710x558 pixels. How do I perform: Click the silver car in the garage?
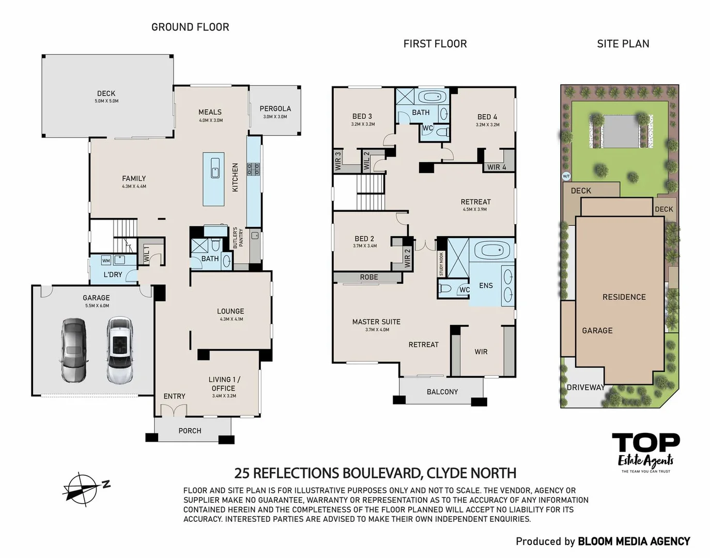74,350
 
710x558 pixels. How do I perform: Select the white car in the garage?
120,350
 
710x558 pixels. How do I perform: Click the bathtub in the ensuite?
492,251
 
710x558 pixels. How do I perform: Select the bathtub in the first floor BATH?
432,97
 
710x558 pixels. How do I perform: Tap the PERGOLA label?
275,109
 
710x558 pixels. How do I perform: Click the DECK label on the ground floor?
106,94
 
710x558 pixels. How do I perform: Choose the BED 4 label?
487,117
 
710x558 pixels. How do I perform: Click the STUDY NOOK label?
441,264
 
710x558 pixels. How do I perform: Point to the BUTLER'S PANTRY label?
237,238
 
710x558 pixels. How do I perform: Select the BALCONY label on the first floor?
442,392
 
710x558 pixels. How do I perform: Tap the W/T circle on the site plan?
566,176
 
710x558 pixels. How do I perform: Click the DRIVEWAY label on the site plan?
585,387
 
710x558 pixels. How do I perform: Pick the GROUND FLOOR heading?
190,27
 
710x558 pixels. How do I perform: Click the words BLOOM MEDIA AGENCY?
634,541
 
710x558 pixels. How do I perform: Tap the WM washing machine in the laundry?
106,260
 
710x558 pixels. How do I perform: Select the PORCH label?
190,430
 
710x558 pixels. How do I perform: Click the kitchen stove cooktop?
254,169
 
